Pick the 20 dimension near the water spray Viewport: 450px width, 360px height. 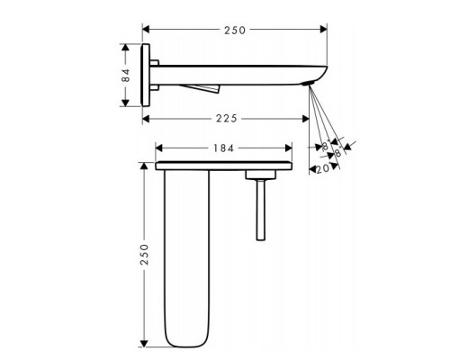pyautogui.click(x=322, y=167)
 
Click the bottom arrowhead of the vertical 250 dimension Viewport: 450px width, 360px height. pyautogui.click(x=143, y=343)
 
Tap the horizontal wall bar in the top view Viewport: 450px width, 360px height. pyautogui.click(x=225, y=166)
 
